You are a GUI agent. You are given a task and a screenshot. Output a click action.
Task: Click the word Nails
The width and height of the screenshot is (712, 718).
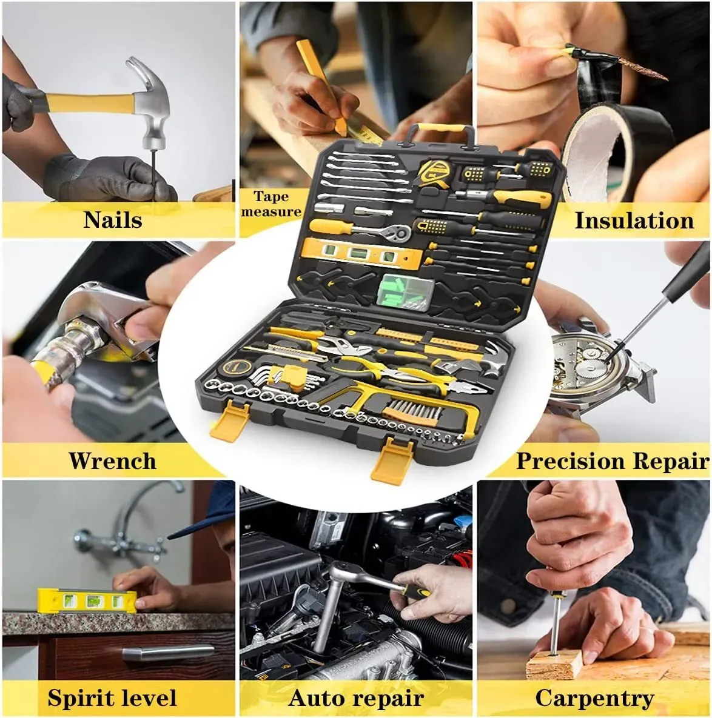coord(113,219)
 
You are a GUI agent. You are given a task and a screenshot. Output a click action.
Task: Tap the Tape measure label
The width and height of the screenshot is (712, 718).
coord(272,204)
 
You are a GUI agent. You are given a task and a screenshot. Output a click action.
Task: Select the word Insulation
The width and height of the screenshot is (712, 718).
coord(634,221)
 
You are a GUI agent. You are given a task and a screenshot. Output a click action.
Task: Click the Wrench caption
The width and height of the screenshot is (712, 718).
coord(113,460)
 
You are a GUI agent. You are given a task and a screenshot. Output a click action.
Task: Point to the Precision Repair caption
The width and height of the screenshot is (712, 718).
coord(613,460)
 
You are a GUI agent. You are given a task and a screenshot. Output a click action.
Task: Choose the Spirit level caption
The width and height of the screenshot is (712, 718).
coord(112,698)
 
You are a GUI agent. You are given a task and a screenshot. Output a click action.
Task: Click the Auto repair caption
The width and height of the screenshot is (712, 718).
coord(356,699)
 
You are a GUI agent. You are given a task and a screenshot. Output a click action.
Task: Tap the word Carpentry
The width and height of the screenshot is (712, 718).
coord(594,699)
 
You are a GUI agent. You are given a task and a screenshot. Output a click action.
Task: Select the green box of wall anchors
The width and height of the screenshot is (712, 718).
coord(405,291)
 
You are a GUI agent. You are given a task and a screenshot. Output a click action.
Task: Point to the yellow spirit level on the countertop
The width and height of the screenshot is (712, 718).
coord(87,600)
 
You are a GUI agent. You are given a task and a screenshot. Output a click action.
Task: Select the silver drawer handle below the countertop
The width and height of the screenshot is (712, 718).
coord(168,652)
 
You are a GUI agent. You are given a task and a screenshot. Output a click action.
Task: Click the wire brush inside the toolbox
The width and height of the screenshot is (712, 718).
coord(412,411)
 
